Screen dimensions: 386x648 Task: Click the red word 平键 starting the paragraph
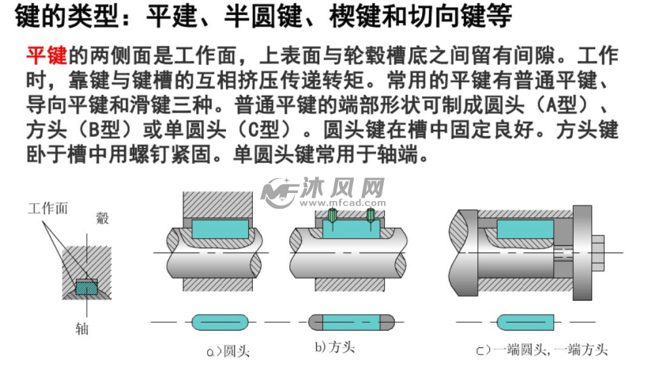(x=47, y=56)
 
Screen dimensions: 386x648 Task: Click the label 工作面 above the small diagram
(x=47, y=209)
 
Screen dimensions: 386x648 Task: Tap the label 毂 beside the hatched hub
(x=102, y=218)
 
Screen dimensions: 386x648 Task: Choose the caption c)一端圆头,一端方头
(x=541, y=349)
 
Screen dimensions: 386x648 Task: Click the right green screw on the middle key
(x=370, y=214)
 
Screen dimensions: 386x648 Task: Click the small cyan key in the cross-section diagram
(x=84, y=286)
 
